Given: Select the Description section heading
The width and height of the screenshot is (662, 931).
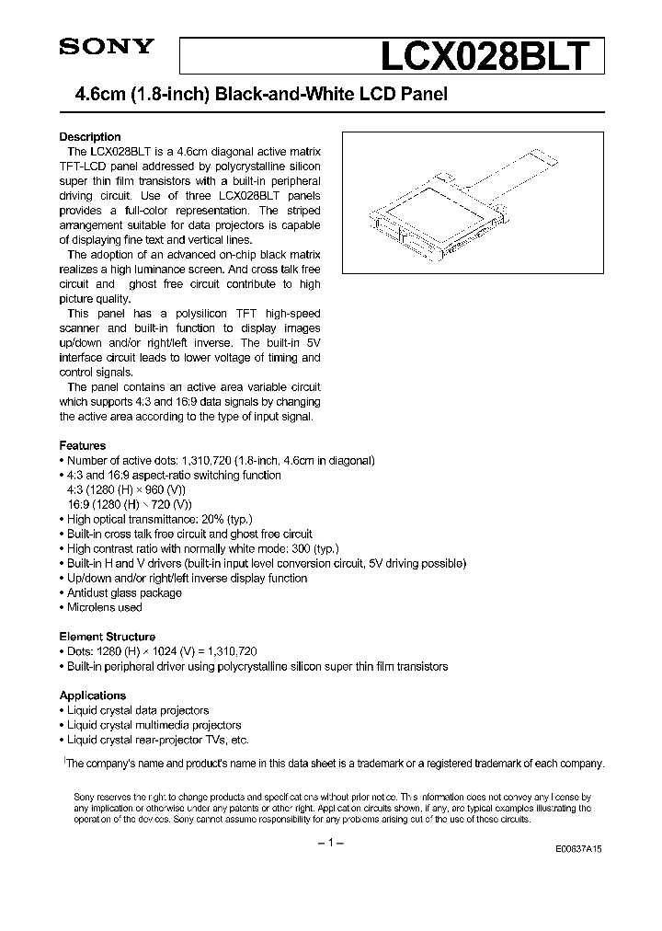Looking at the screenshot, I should [x=90, y=137].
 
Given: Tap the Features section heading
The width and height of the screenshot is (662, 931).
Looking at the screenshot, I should [x=83, y=445].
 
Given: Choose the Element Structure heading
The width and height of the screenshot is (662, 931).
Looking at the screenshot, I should [x=108, y=637].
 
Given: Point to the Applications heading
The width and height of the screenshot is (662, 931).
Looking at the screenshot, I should [x=93, y=695].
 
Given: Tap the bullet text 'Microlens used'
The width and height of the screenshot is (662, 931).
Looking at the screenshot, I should [x=105, y=607].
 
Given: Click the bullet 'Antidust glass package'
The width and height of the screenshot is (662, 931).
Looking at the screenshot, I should [x=125, y=592].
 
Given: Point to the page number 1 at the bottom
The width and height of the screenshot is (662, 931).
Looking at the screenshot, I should [x=330, y=845].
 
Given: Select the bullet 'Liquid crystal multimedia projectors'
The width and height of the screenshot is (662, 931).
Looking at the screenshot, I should [x=154, y=725].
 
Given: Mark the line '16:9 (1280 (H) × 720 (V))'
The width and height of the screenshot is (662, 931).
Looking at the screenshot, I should [x=130, y=504].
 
